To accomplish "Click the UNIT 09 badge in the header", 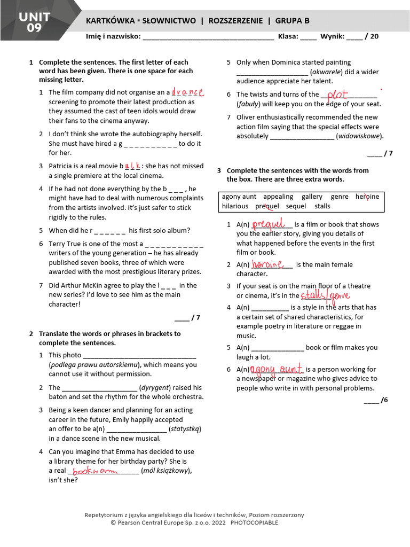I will point(35,22).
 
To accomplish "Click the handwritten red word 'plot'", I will point(337,95).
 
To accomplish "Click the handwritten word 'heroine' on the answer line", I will point(266,264).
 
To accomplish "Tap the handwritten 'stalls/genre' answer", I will point(325,295).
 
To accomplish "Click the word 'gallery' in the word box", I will point(312,197).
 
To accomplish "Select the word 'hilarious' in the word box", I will point(235,206).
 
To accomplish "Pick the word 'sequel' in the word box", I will point(296,206).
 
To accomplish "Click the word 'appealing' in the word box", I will point(278,197).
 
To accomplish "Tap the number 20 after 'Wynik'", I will point(374,37).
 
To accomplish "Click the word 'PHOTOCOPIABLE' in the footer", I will point(254,522).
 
